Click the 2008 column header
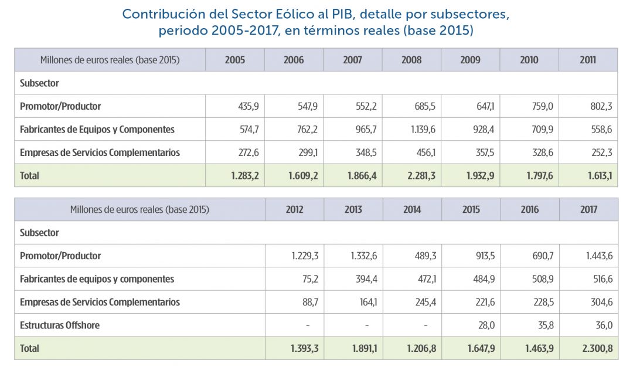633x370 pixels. coord(411,60)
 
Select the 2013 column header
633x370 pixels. coord(353,209)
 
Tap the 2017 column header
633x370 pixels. coord(588,209)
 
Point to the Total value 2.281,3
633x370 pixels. coord(418,175)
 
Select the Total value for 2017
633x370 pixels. coord(597,348)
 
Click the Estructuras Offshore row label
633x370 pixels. coord(60,325)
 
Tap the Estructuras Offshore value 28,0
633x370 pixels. coord(488,325)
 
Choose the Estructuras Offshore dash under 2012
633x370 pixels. coord(308,325)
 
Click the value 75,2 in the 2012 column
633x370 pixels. coord(310,279)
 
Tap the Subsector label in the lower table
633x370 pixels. coord(39,233)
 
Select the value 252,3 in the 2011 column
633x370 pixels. coord(601,152)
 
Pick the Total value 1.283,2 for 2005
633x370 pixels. coord(242,175)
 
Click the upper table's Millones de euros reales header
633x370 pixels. coord(110,60)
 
